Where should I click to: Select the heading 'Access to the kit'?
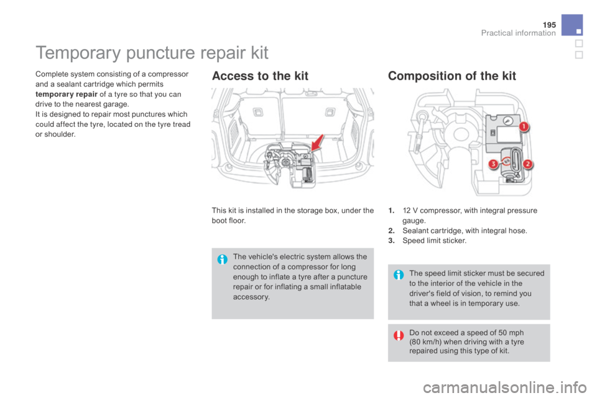[259, 76]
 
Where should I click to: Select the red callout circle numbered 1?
[523, 127]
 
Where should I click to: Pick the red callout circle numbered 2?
[529, 164]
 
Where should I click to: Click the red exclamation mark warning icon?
[399, 335]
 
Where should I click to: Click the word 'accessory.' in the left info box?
[252, 297]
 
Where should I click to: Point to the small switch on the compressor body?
[491, 132]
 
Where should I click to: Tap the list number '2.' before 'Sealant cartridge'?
[390, 231]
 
